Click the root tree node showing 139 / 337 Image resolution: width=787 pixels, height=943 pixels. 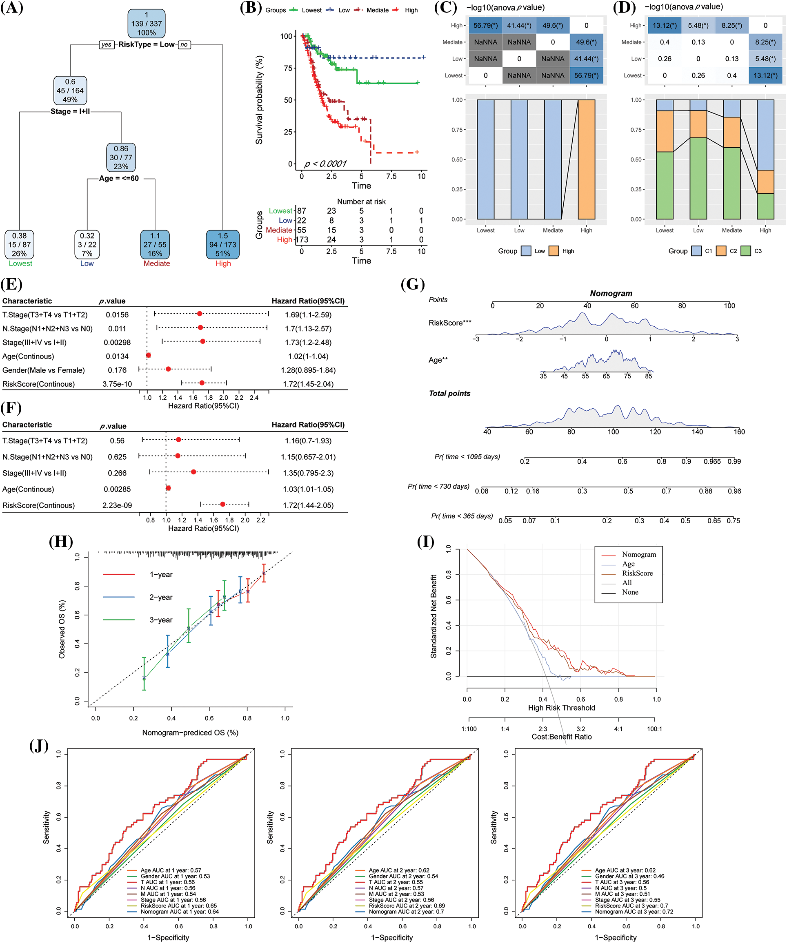(x=147, y=24)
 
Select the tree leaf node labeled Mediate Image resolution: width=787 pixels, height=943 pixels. (x=155, y=245)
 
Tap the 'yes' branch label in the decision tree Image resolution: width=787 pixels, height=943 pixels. (x=107, y=44)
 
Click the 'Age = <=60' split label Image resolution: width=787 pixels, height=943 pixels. (x=119, y=178)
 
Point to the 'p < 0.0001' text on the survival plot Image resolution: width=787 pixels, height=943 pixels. (x=325, y=164)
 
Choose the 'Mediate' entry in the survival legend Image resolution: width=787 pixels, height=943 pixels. (x=377, y=10)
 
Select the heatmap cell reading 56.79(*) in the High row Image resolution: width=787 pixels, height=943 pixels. (x=485, y=26)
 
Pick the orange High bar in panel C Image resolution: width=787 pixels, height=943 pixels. (x=586, y=159)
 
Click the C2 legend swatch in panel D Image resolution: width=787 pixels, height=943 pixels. (x=721, y=251)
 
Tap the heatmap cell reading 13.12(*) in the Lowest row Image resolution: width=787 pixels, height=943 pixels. (x=765, y=75)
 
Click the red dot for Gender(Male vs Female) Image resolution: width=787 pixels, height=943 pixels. (x=168, y=369)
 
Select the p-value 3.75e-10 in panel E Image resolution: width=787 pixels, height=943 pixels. (x=117, y=384)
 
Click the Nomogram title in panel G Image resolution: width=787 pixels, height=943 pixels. (x=611, y=293)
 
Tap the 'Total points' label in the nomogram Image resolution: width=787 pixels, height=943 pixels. (x=449, y=393)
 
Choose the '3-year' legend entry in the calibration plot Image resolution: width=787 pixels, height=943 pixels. (x=161, y=620)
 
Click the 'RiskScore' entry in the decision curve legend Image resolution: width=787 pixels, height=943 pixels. (x=637, y=573)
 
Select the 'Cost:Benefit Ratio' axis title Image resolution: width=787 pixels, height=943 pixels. (x=561, y=737)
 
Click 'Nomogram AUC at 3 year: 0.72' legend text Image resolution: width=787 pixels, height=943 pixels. (x=634, y=912)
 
